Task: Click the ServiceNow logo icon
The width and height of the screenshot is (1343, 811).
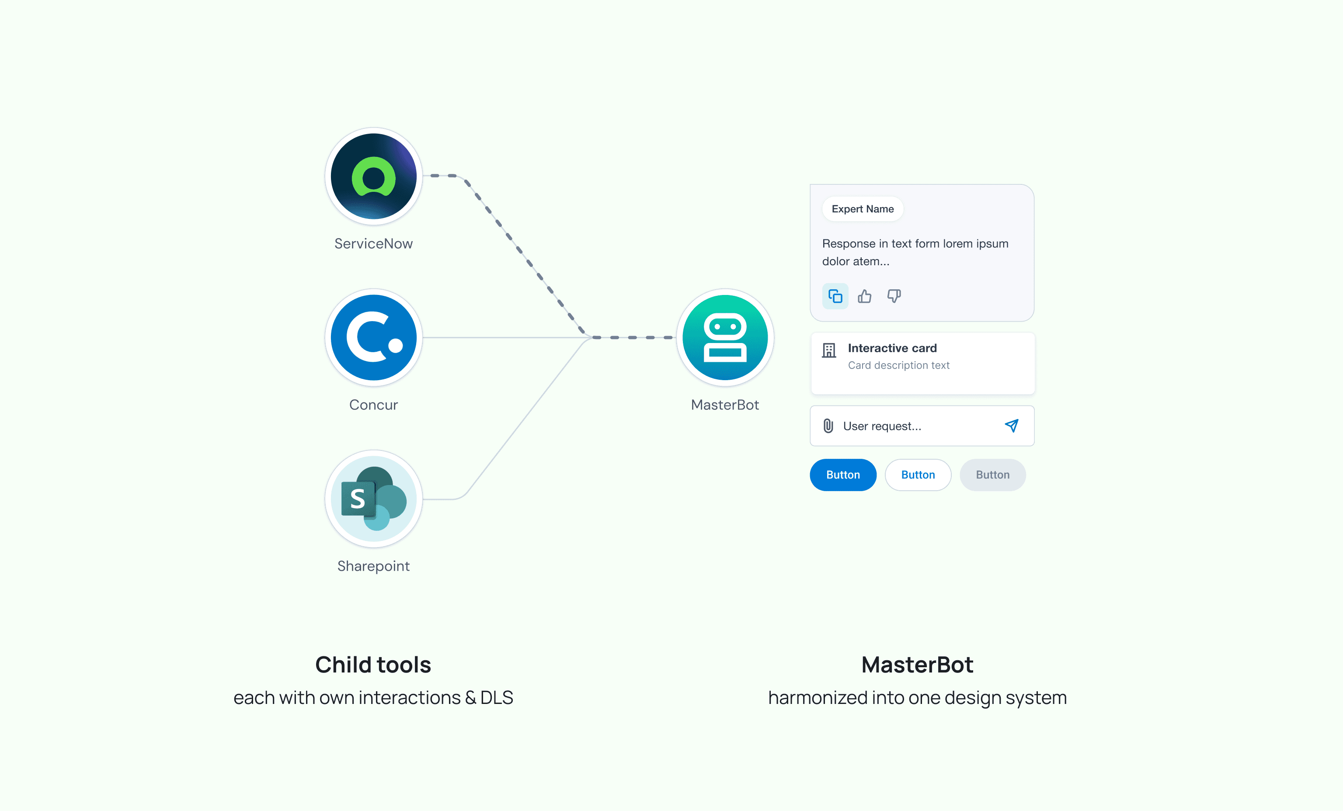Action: tap(373, 177)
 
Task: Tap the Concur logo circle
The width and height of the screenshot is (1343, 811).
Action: tap(373, 337)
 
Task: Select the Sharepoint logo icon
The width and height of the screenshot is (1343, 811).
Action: tap(373, 499)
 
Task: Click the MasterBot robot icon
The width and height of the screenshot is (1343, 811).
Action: tap(725, 337)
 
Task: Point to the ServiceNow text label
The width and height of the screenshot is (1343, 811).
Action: tap(373, 243)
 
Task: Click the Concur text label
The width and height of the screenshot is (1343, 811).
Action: tap(373, 405)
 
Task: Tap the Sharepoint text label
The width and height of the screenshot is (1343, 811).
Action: tap(373, 566)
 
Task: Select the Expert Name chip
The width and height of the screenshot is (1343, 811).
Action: tap(862, 209)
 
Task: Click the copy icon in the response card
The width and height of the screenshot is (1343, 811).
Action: tap(835, 296)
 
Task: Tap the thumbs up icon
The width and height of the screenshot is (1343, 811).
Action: tap(864, 296)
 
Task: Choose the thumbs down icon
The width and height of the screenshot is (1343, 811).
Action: tap(894, 296)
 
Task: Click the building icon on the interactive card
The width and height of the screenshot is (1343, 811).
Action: tap(829, 350)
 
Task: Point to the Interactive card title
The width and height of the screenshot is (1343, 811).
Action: tap(892, 348)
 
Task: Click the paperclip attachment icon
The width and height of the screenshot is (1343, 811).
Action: tap(828, 426)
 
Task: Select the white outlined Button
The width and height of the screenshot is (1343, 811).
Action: tap(918, 475)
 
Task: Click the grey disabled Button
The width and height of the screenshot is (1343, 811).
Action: tap(992, 475)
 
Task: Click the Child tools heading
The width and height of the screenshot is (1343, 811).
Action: tap(373, 665)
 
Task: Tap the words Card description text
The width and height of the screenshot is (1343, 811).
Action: tap(899, 365)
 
